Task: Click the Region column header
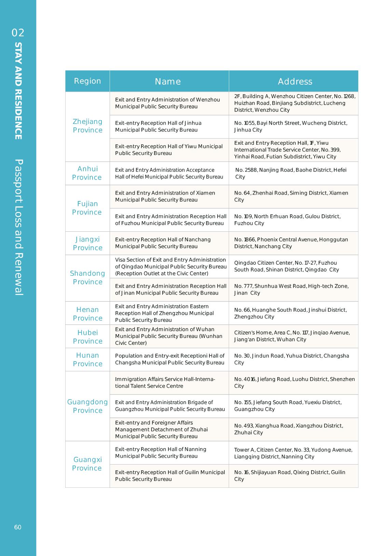[x=87, y=81]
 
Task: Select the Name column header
[x=168, y=82]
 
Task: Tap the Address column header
[x=295, y=82]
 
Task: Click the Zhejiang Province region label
[x=87, y=126]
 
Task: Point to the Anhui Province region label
[x=87, y=173]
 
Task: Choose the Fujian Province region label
[x=87, y=208]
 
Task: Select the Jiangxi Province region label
[x=87, y=243]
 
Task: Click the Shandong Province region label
[x=87, y=277]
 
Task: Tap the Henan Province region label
[x=87, y=314]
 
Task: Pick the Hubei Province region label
[x=87, y=337]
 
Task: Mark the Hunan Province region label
[x=87, y=359]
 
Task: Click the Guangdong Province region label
[x=87, y=406]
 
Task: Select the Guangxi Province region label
[x=87, y=464]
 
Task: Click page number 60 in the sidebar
[x=18, y=527]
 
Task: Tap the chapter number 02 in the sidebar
[x=18, y=33]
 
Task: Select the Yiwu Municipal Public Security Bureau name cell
[x=169, y=150]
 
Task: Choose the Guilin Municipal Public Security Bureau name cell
[x=170, y=476]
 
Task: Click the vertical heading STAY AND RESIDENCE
[x=18, y=91]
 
